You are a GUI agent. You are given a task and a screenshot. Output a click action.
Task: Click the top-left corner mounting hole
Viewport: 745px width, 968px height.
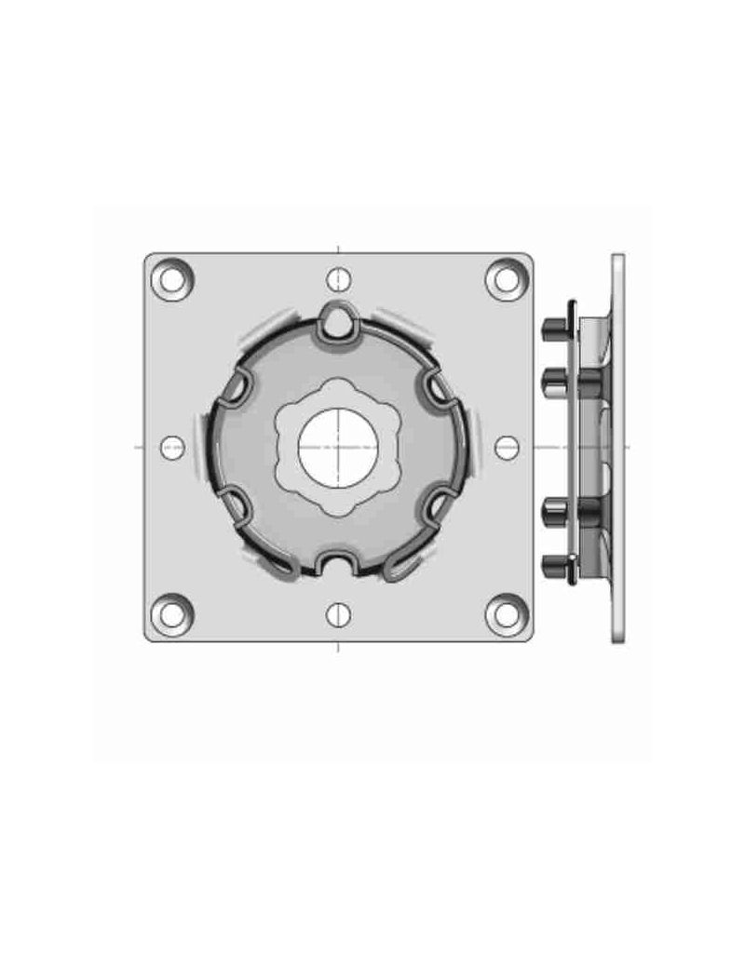[172, 278]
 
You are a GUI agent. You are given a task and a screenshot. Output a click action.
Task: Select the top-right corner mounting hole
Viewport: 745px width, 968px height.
[506, 278]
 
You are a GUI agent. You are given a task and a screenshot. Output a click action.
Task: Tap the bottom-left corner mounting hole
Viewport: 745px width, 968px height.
[172, 612]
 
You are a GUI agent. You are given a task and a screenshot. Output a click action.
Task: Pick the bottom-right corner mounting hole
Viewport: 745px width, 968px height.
[506, 612]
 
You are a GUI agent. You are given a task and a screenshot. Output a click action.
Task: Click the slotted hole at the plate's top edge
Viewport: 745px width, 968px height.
[339, 278]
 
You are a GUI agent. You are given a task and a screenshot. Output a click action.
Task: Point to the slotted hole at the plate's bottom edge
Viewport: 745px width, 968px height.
[339, 612]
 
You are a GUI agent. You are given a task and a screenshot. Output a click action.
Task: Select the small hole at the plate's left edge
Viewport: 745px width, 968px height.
[172, 447]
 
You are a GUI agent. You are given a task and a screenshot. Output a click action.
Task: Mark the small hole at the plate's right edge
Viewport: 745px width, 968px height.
[506, 447]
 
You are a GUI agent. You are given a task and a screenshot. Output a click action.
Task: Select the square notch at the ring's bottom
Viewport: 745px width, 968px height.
[337, 564]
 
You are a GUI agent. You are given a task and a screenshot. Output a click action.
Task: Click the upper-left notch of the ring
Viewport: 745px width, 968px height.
[236, 382]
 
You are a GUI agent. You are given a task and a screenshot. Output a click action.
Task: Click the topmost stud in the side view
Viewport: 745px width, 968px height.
[552, 327]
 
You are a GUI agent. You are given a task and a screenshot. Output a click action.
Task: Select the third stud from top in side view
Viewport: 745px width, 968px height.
[552, 510]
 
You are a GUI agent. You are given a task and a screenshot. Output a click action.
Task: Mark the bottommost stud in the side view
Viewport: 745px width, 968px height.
[552, 562]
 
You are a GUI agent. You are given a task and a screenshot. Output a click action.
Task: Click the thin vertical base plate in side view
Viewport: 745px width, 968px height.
[617, 447]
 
